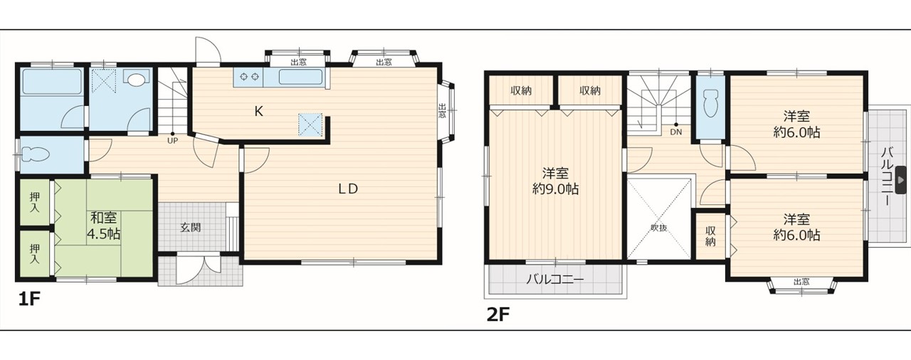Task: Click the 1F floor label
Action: (29, 300)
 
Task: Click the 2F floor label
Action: (498, 314)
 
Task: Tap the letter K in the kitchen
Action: (258, 111)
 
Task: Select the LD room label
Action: (348, 189)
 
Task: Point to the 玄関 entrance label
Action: (191, 228)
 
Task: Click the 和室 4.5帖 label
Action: (104, 226)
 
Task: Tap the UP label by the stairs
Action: (172, 141)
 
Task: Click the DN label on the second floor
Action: (675, 132)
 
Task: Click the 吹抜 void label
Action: (658, 228)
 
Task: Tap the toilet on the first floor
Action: (36, 154)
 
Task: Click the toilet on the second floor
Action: (710, 103)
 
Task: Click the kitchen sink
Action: (300, 78)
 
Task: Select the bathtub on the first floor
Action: (52, 81)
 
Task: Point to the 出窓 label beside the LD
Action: (442, 111)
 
